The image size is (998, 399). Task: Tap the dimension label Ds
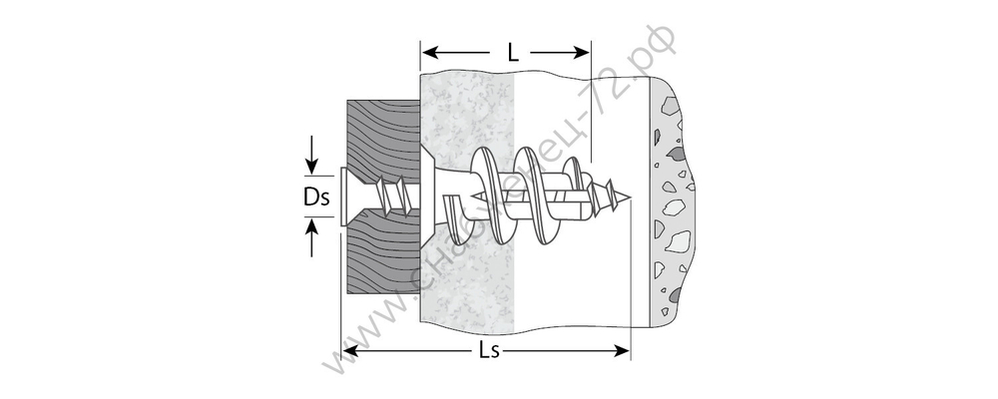pos(316,198)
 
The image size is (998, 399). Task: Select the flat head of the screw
pos(343,197)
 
